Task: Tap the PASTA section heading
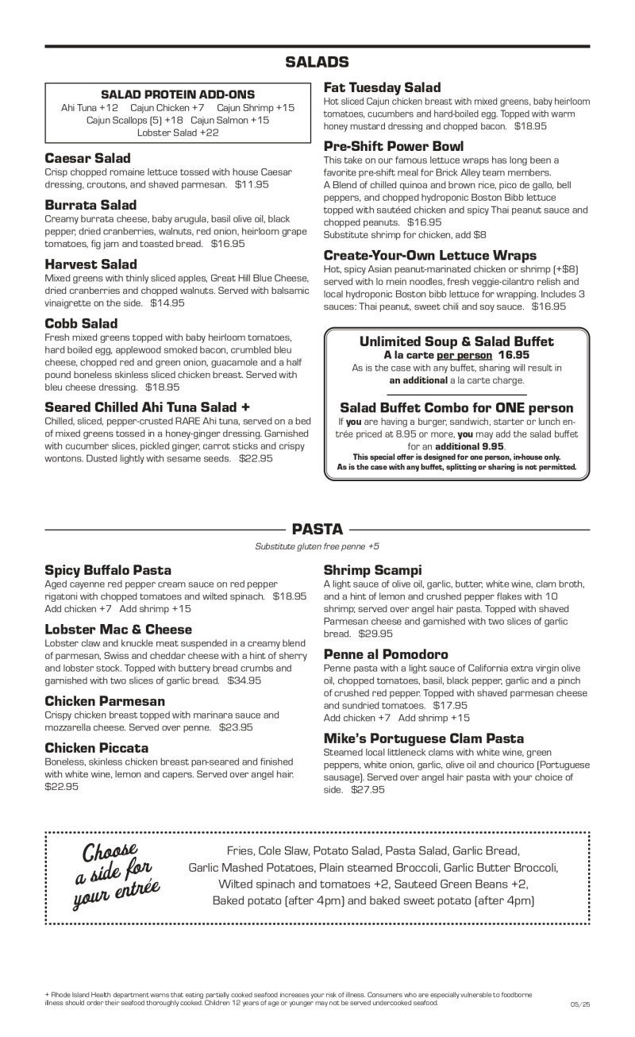pos(317,529)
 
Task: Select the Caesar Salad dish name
pos(87,158)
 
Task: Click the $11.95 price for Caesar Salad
pos(252,183)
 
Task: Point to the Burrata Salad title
pos(90,205)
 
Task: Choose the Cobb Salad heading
pos(81,323)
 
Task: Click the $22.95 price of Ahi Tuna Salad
pos(256,458)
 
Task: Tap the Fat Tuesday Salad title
pos(382,87)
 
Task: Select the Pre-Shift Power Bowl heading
pos(394,146)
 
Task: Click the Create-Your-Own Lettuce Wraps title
pos(430,256)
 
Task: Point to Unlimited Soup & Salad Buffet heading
pos(456,341)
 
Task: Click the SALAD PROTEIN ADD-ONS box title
pos(178,94)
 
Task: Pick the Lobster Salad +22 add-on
pos(178,133)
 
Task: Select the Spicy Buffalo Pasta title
pos(108,570)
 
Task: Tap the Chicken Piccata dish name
pos(96,748)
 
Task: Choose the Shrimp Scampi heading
pos(372,570)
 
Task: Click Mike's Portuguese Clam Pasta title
pos(424,738)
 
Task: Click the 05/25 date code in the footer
pos(579,1005)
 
